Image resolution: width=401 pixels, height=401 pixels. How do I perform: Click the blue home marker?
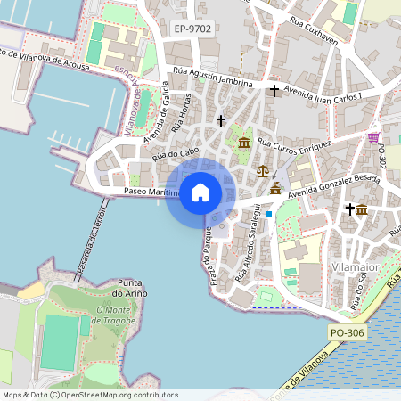tap(200, 192)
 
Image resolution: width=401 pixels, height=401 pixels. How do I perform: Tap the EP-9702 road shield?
tap(192, 29)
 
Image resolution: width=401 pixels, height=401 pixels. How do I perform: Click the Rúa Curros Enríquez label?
tap(294, 143)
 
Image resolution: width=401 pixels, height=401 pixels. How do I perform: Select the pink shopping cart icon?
tap(372, 137)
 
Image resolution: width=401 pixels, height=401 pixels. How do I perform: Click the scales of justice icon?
tap(262, 169)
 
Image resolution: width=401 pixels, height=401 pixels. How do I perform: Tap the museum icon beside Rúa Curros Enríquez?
tap(244, 143)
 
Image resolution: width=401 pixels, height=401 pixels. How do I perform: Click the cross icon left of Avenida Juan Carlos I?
tap(274, 90)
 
